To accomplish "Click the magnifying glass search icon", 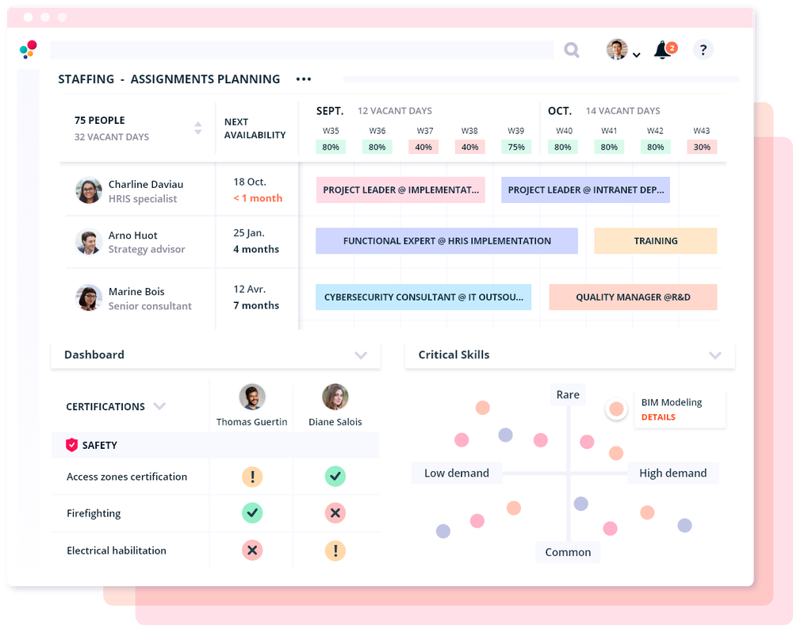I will tap(571, 50).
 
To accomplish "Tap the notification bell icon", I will tap(662, 50).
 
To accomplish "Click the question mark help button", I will tap(703, 50).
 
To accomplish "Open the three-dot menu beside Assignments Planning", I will tap(304, 79).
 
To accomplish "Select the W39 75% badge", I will tap(516, 147).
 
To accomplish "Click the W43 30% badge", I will tap(701, 147).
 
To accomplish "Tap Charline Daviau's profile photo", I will tap(89, 190).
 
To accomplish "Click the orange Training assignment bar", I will tap(655, 241).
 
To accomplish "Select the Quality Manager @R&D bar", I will tap(633, 297).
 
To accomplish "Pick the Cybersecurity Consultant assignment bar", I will tap(423, 297).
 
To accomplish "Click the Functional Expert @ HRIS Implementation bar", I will tap(446, 241).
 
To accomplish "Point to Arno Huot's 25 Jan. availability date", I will tap(249, 233).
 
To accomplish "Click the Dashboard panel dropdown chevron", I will tap(361, 355).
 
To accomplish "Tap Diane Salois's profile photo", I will tap(335, 397).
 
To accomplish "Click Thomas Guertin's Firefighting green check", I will tap(252, 513).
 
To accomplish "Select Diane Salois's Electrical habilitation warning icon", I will tap(335, 550).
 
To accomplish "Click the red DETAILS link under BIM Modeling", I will tap(658, 417).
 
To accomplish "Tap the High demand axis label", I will tap(672, 474).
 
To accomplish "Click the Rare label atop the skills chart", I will tap(568, 395).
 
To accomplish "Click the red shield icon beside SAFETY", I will tap(71, 445).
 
